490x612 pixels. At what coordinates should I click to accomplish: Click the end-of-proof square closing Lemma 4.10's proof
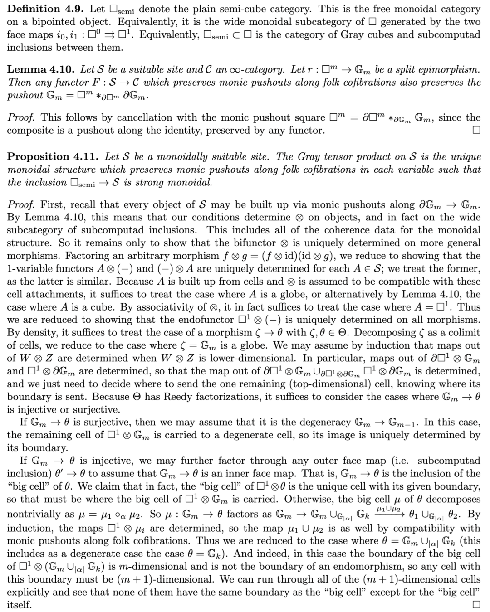(476, 131)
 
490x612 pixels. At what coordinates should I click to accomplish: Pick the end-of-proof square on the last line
(476, 605)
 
